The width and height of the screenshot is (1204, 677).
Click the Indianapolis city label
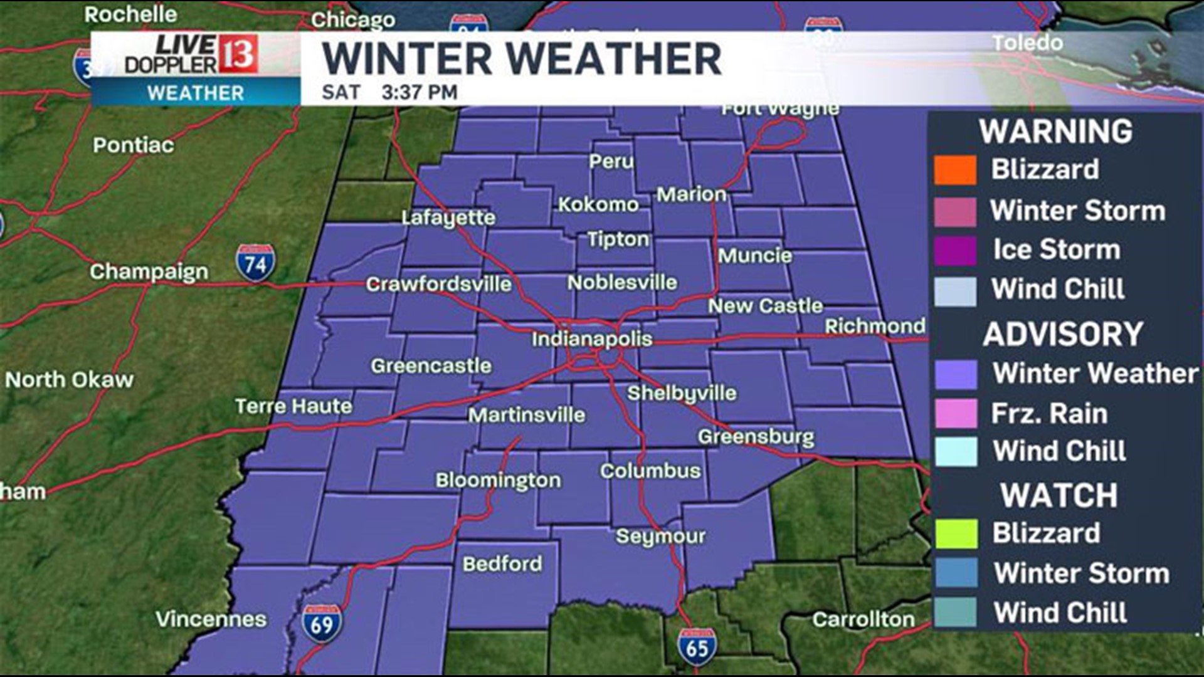click(592, 339)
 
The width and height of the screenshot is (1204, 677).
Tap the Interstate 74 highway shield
click(256, 263)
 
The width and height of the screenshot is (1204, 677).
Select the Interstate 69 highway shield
click(322, 624)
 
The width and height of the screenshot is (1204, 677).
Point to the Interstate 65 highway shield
click(697, 648)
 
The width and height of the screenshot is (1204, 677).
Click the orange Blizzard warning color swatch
click(955, 170)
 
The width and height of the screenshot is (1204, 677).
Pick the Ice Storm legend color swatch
click(955, 251)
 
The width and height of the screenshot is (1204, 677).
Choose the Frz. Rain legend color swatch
click(955, 414)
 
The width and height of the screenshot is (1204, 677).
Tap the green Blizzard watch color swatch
click(955, 533)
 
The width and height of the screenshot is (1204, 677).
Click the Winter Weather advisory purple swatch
click(955, 374)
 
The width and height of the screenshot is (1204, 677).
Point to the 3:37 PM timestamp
click(420, 92)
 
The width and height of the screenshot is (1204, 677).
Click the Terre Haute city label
click(293, 406)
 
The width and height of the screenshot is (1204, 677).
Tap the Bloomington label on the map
click(499, 480)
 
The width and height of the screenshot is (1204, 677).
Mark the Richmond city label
click(875, 326)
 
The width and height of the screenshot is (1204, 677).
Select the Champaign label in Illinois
click(149, 271)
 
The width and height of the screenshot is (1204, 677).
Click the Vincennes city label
click(211, 619)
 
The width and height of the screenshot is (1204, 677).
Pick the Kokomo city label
click(598, 204)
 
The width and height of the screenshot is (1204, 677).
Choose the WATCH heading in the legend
click(1059, 495)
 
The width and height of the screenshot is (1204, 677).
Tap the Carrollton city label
click(863, 619)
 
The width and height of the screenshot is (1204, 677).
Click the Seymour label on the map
click(660, 536)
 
